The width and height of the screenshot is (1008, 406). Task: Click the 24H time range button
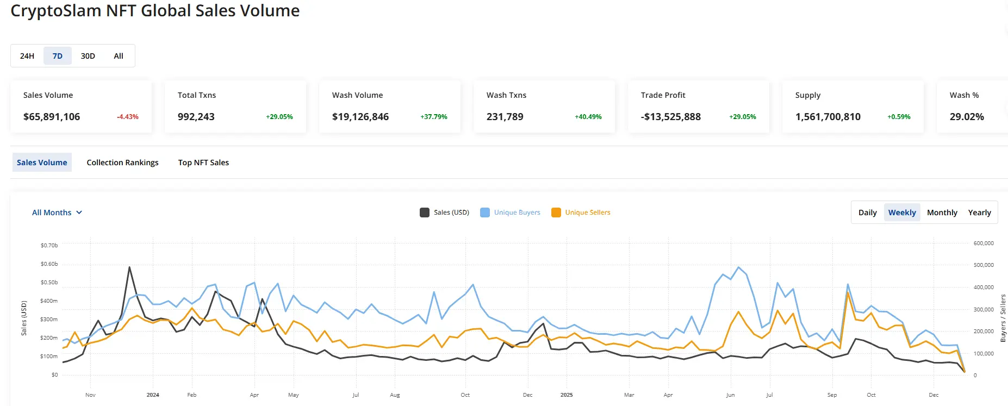[x=27, y=56]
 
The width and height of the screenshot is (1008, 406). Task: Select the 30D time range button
[x=88, y=56]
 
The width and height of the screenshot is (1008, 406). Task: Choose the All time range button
[x=119, y=56]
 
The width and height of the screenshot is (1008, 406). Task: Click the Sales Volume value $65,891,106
[x=52, y=117]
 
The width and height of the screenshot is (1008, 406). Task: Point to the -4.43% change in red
[x=128, y=117]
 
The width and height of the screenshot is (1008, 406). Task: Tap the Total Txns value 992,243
[x=196, y=117]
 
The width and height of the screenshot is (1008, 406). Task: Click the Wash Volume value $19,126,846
[x=360, y=117]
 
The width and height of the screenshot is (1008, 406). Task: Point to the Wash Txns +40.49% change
[x=588, y=117]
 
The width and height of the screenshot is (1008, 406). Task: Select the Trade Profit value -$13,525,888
[x=671, y=117]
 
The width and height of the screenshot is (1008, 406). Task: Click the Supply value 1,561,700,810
[x=827, y=117]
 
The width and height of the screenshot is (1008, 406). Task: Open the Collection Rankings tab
[x=122, y=163]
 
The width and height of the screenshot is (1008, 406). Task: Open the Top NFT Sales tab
[x=203, y=163]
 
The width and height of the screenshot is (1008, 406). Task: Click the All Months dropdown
[x=57, y=213]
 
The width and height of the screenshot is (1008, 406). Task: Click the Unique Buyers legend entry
[x=511, y=213]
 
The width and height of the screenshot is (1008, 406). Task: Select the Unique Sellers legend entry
[x=581, y=213]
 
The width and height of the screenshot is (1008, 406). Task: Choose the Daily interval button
[x=867, y=213]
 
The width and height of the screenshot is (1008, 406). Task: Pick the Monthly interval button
[x=942, y=213]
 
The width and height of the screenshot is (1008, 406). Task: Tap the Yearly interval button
[x=979, y=213]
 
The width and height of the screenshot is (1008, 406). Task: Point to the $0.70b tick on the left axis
[x=49, y=246]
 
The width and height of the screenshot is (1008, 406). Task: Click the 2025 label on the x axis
[x=567, y=395]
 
